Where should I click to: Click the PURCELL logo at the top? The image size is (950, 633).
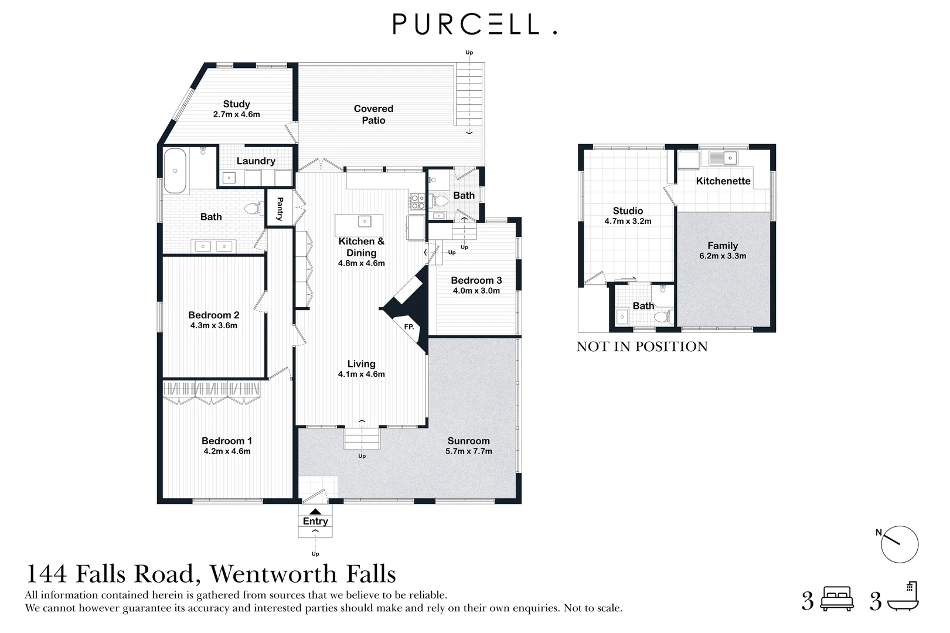tap(474, 25)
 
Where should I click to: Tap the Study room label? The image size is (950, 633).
tap(236, 104)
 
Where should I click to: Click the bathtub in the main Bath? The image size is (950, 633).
tap(175, 171)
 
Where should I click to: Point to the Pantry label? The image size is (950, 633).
tap(280, 207)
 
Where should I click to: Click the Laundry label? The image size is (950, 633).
tap(256, 161)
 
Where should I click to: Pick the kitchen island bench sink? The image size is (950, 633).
tap(365, 221)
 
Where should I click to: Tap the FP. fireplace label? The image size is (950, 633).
tap(409, 326)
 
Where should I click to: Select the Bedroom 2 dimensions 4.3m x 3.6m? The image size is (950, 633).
tap(213, 326)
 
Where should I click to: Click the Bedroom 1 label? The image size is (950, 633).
tap(227, 441)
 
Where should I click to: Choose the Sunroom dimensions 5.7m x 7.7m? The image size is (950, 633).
tap(468, 451)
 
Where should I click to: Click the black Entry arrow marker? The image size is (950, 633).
tap(315, 512)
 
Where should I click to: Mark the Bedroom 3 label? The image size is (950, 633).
tap(476, 280)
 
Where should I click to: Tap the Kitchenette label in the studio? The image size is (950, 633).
tap(723, 181)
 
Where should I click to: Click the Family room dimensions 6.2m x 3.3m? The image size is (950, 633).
tap(722, 256)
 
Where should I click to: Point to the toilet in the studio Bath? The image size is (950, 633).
tap(662, 316)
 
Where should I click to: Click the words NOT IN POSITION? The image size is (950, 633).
tap(642, 346)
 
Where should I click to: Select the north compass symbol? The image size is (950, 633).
tap(899, 544)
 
